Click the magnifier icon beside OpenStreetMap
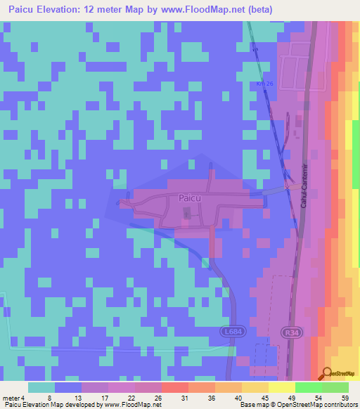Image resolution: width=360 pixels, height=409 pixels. (326, 374)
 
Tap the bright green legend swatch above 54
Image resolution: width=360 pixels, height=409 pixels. (309, 387)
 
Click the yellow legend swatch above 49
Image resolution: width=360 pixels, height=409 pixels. (281, 387)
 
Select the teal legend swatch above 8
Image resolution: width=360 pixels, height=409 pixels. (41, 387)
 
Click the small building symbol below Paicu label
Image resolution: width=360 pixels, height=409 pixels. (186, 219)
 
